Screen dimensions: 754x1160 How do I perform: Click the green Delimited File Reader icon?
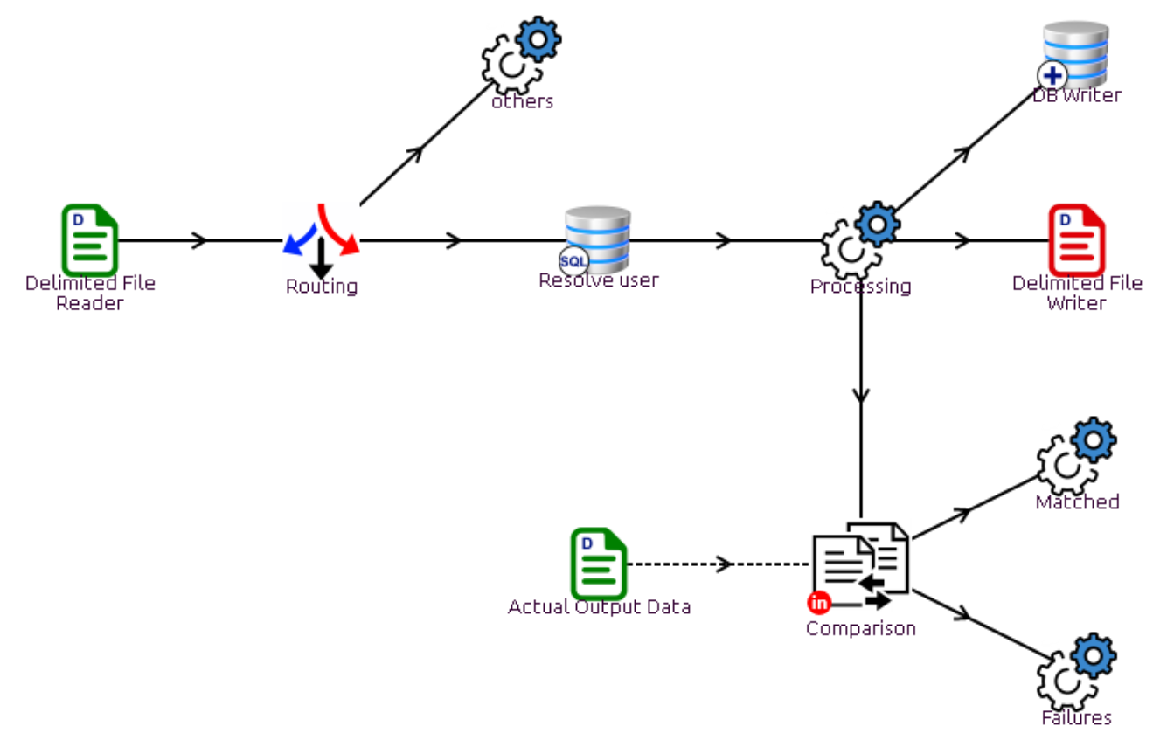[x=89, y=240]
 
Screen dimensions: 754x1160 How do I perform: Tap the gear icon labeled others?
[x=521, y=55]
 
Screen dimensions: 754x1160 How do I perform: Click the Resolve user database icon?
[x=598, y=239]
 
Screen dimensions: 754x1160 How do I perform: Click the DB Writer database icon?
[x=1075, y=55]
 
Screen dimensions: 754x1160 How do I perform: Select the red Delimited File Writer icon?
[x=1076, y=240]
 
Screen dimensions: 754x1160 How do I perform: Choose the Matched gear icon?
[x=1076, y=456]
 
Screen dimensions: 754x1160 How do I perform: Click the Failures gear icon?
[x=1076, y=673]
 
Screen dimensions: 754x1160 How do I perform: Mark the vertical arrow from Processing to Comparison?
[x=861, y=393]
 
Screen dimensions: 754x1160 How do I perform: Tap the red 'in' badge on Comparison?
[x=819, y=603]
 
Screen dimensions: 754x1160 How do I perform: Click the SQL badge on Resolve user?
[x=573, y=261]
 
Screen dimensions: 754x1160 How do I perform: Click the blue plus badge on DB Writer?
[x=1052, y=76]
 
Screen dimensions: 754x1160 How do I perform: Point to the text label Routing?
[x=322, y=287]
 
